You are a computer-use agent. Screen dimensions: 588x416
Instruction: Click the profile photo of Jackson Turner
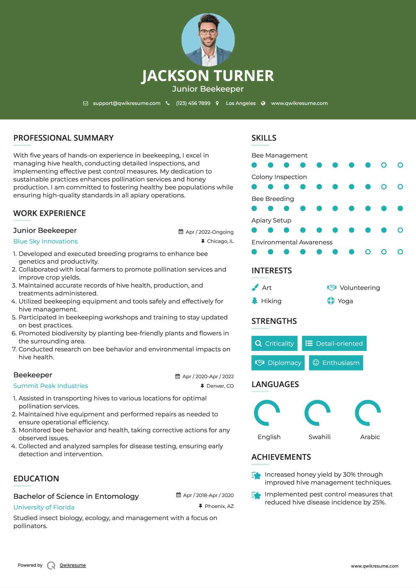coord(208,40)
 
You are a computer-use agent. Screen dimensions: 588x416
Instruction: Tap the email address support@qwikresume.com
coord(127,103)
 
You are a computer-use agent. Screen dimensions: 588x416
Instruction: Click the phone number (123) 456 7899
coord(193,103)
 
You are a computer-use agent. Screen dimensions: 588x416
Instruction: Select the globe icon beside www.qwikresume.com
coord(263,103)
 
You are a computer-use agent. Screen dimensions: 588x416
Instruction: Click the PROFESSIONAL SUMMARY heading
coord(64,138)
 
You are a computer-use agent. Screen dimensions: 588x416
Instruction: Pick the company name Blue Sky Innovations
coord(46,241)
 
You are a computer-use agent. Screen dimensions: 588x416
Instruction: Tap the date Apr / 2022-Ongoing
coord(209,232)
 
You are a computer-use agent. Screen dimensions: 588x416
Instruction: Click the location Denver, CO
coord(220,386)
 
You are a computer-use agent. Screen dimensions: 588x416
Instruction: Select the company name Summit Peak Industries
coord(51,386)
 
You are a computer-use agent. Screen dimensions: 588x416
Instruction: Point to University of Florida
coord(44,507)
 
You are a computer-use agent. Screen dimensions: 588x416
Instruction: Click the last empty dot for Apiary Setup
coord(400,230)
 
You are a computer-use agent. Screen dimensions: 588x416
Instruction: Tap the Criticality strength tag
coord(274,343)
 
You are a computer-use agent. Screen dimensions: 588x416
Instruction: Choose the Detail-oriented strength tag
coord(334,343)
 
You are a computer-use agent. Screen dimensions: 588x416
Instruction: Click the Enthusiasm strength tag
coord(336,363)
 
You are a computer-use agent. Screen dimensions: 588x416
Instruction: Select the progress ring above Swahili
coord(318,413)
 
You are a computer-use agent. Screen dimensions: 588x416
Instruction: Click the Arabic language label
coord(370,437)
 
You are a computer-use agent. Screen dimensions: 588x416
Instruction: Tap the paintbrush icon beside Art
coord(255,287)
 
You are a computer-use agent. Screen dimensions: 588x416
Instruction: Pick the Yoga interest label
coord(345,301)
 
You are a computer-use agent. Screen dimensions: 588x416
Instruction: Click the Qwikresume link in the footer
coord(73,565)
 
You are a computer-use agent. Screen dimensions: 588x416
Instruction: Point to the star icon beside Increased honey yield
coord(256,475)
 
